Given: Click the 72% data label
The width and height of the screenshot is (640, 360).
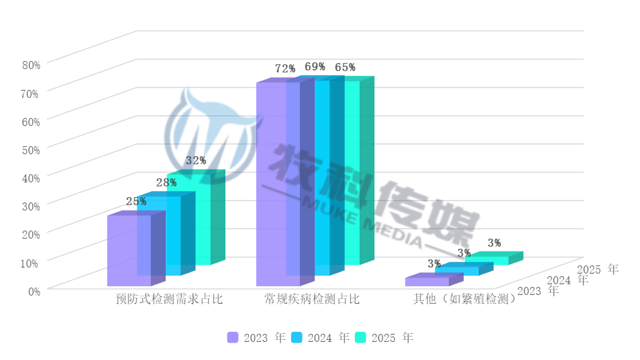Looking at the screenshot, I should (285, 68).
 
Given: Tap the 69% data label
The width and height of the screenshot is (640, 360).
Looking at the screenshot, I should (315, 66).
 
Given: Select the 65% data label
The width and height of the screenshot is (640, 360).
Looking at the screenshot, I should (345, 67).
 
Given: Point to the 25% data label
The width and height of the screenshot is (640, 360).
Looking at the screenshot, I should (136, 201).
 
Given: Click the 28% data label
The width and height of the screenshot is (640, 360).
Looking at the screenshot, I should (166, 182).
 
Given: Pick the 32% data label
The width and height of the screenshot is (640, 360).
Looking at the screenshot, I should (196, 161).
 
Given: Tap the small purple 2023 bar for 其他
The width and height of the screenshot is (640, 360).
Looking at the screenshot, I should (427, 282).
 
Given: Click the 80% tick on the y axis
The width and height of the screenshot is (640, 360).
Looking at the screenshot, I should (32, 65).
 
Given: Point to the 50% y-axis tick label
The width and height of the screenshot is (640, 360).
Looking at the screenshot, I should (32, 149).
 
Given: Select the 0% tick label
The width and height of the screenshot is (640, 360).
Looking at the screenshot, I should (34, 290).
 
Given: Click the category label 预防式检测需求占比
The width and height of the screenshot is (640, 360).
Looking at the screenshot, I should (169, 299).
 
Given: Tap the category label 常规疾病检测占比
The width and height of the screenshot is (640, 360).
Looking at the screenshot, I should (312, 299).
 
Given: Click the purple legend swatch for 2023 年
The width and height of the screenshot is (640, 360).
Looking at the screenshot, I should (233, 338).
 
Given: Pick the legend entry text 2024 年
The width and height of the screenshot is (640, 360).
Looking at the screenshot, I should (329, 338).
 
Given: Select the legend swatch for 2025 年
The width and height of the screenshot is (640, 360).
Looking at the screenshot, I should (360, 338).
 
